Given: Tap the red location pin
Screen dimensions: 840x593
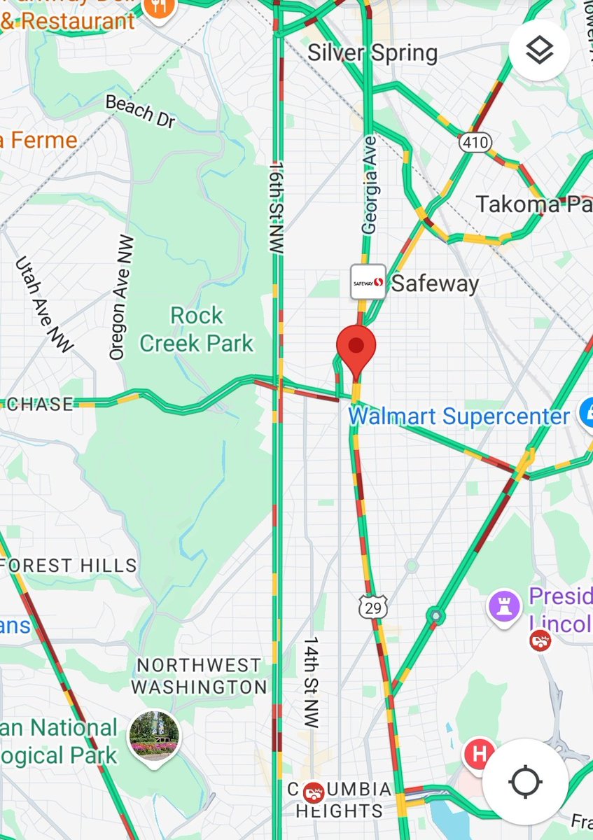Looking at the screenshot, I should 356,346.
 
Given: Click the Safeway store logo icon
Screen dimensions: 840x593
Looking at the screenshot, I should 368,281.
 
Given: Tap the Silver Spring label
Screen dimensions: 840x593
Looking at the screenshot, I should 372,53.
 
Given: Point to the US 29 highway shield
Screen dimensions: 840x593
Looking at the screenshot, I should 373,607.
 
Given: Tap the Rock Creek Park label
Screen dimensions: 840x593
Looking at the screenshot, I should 197,330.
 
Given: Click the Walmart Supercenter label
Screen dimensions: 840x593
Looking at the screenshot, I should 459,417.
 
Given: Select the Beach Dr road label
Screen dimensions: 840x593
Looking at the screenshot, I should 140,111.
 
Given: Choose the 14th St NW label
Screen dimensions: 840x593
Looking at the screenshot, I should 310,682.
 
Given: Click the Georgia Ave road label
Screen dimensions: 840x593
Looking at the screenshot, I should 369,185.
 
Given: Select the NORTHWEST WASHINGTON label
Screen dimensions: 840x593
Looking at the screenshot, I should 199,676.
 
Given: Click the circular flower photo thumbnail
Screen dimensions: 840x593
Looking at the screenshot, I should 154,736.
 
